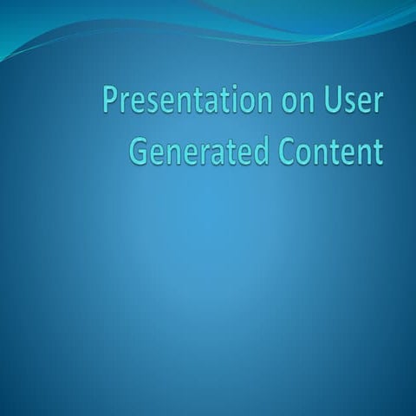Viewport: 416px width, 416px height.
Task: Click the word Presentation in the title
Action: pos(175,101)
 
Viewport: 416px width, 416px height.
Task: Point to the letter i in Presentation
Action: pos(217,101)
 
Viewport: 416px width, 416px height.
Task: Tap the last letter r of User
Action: pos(374,103)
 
